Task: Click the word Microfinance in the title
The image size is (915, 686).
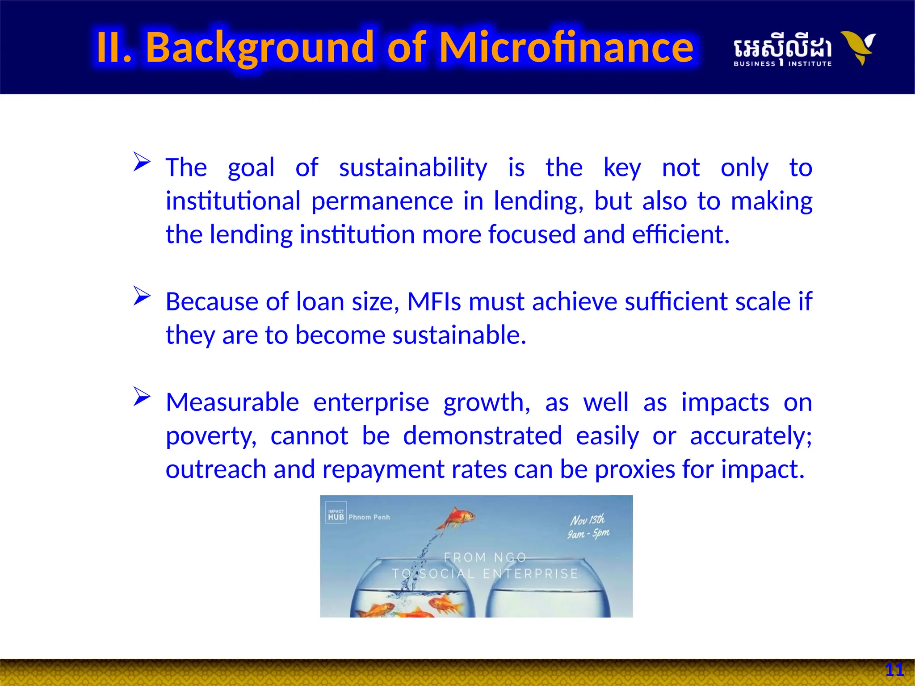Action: click(566, 47)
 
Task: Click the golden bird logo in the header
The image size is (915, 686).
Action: click(858, 47)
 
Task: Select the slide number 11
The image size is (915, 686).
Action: click(894, 669)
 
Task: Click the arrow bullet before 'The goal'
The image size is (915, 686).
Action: click(142, 161)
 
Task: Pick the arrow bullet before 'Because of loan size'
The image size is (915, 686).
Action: click(142, 296)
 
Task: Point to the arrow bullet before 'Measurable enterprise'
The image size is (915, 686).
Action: click(142, 397)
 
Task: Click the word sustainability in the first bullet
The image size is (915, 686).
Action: click(413, 168)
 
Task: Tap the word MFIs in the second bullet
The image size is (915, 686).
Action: click(434, 301)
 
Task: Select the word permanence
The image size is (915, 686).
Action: click(382, 201)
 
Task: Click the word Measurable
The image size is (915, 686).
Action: click(232, 402)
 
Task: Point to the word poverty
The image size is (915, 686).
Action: click(211, 436)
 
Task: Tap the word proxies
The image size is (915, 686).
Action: click(634, 469)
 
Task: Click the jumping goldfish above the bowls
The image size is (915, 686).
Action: click(457, 519)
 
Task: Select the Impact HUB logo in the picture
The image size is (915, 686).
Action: click(336, 515)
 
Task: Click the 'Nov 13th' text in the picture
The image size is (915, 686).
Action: click(587, 520)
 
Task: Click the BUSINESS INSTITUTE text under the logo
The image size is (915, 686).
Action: click(782, 64)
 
